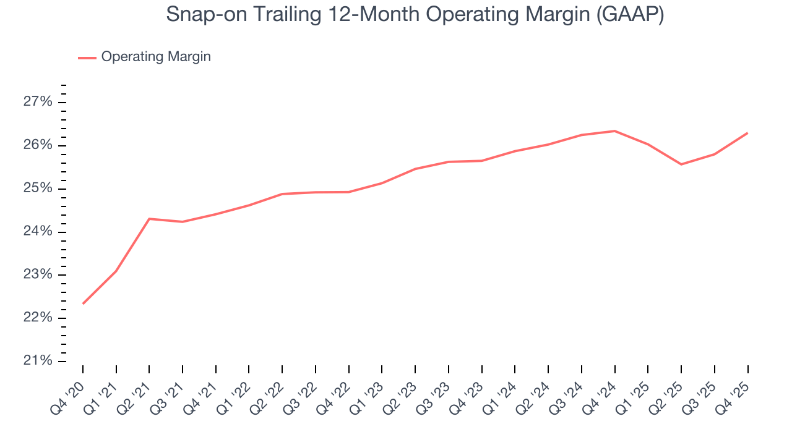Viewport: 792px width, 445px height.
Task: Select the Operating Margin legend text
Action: click(156, 57)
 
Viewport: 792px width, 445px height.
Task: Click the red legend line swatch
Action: click(87, 57)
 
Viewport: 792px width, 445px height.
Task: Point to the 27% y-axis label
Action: click(38, 102)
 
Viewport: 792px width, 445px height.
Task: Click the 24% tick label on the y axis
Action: click(38, 232)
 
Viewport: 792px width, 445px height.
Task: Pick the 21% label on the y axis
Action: click(38, 361)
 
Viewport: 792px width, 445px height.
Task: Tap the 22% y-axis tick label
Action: click(38, 318)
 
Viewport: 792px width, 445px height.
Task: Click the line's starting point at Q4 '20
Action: click(83, 303)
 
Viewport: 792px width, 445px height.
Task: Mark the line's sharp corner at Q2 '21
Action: click(149, 219)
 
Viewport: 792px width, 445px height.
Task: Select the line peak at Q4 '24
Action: click(614, 131)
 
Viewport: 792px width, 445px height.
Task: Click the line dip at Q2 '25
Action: click(681, 164)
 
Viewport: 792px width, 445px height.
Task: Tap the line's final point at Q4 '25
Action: click(747, 133)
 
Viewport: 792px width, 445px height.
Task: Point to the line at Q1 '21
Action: click(116, 271)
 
